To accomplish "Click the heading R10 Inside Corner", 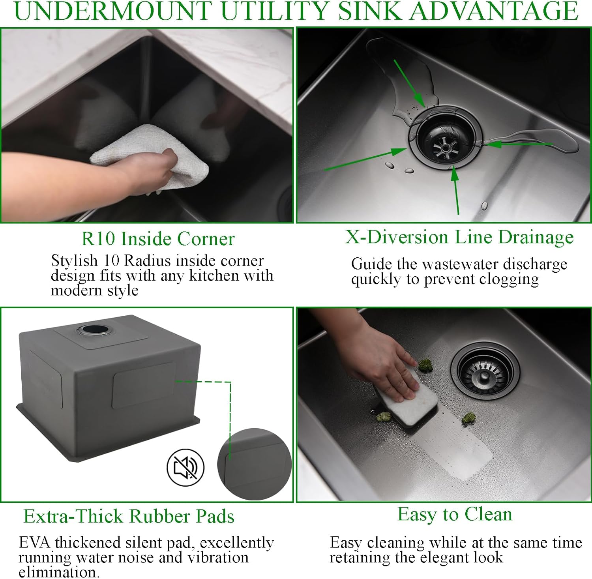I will pyautogui.click(x=158, y=239).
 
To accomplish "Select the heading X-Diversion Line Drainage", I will pyautogui.click(x=459, y=237).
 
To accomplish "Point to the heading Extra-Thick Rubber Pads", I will pyautogui.click(x=129, y=516).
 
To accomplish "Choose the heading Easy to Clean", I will pyautogui.click(x=455, y=514).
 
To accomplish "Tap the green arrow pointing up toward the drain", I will pyautogui.click(x=456, y=189).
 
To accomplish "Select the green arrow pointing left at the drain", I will pyautogui.click(x=517, y=144).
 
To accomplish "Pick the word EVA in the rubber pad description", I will pyautogui.click(x=35, y=543).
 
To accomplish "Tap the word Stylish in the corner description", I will pyautogui.click(x=75, y=261).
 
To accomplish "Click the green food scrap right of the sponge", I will pyautogui.click(x=468, y=418).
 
